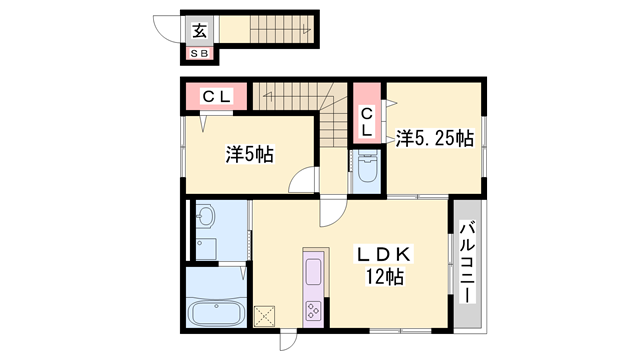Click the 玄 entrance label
point(200,28)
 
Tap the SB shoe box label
point(200,53)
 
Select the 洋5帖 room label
point(249,155)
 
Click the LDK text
point(385,253)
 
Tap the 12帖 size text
point(385,278)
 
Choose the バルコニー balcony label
point(467,264)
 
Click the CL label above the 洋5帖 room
point(217,97)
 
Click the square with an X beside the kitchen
point(265,314)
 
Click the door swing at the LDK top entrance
point(332,208)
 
